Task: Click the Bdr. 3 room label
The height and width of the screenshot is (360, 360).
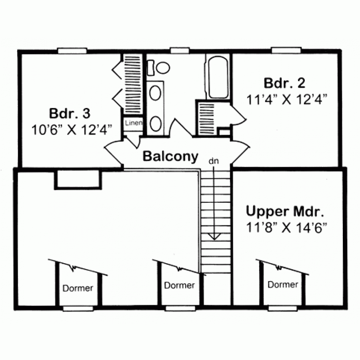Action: coord(70,114)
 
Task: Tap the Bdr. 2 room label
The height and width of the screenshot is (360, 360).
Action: coord(284,83)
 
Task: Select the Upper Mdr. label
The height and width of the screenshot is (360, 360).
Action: coord(285,211)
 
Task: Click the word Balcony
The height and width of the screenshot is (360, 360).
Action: coord(170,156)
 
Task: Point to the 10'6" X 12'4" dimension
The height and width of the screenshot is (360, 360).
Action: coord(72,130)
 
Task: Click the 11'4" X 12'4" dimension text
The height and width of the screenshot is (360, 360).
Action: coord(287,100)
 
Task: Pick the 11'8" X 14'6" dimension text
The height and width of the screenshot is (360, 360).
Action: coord(286,228)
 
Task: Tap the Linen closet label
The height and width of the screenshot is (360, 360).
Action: coord(134,123)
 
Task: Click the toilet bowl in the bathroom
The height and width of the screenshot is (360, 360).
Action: coord(163,68)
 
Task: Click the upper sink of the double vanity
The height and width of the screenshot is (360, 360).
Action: coord(155,93)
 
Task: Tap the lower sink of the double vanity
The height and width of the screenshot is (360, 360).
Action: coord(156,124)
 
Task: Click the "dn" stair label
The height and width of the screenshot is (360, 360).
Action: coord(214,161)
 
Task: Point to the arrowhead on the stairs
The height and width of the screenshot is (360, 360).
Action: coord(214,237)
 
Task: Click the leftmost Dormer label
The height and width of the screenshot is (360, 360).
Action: coord(78,288)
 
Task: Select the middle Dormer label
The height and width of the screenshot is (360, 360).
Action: coord(179,285)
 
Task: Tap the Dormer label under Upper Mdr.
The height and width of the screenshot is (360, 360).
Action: coord(283,285)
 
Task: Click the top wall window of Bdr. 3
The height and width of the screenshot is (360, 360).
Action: coord(72,51)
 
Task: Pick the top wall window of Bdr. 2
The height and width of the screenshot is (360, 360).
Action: coord(286,50)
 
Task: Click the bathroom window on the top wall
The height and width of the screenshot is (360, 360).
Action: coord(180,50)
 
